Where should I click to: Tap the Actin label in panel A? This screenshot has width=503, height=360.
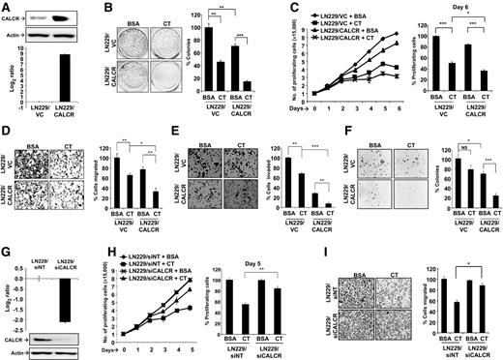pyautogui.click(x=15, y=37)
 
